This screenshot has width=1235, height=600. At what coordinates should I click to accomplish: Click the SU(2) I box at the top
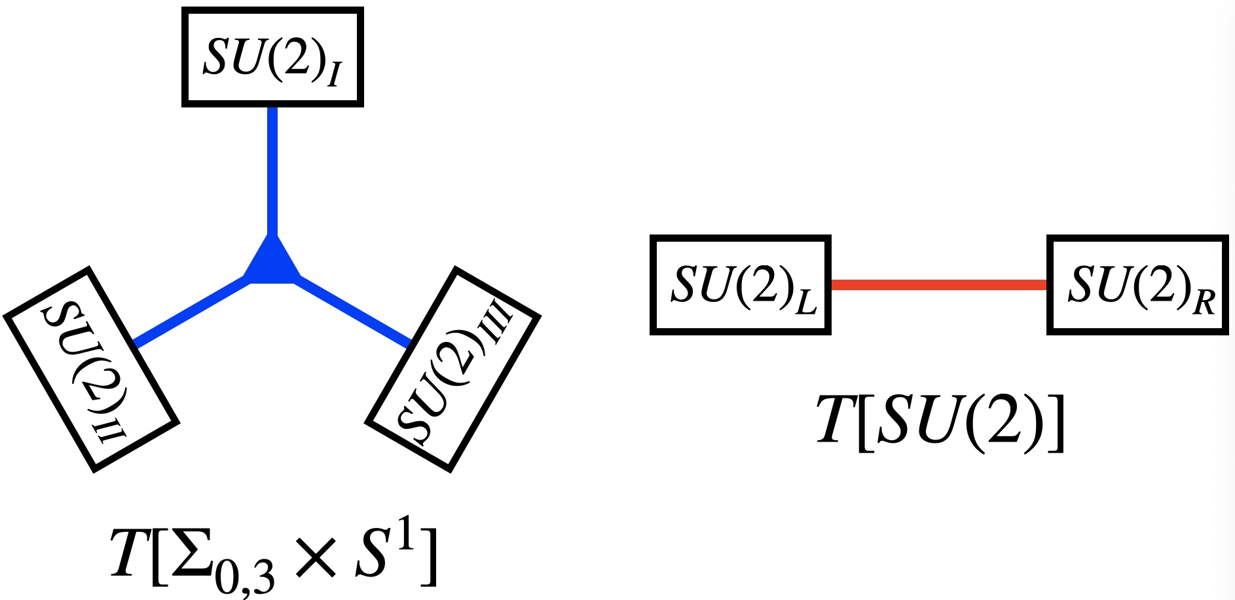coord(272,57)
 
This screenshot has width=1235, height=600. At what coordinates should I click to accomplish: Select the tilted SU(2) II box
coord(91,369)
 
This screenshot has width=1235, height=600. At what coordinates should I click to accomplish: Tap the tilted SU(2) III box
coord(452,369)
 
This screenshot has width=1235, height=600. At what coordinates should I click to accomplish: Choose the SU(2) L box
coord(741,285)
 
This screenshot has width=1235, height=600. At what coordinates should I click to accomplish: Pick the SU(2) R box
coord(1137,285)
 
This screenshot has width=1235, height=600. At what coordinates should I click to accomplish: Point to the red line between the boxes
coord(938,285)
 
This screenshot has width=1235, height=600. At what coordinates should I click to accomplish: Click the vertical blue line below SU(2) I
coord(272,170)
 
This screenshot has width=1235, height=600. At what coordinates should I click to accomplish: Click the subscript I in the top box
coord(334,74)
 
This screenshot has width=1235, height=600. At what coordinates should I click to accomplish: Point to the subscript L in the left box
coord(806,303)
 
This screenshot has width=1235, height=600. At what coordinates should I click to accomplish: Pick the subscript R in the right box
coord(1204,303)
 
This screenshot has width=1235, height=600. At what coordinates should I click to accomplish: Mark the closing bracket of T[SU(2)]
coord(1055,423)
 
